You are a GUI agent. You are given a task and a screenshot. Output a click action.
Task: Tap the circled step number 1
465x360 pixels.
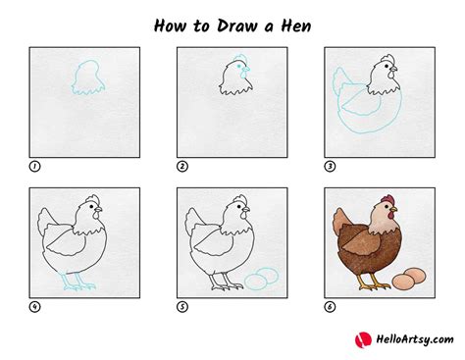tap(35, 167)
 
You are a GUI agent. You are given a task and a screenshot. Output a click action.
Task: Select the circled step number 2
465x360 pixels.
tap(182, 167)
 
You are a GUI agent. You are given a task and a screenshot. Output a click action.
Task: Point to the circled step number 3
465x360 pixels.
tap(330, 167)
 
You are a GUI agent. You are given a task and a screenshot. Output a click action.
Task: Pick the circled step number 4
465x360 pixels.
tap(35, 305)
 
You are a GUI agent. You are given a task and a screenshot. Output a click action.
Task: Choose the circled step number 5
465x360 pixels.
tap(182, 305)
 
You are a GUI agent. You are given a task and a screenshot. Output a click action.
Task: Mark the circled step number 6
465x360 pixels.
tap(330, 305)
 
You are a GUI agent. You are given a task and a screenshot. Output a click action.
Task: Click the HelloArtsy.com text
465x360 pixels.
tap(409, 339)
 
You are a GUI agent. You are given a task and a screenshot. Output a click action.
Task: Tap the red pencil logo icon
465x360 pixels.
tap(362, 338)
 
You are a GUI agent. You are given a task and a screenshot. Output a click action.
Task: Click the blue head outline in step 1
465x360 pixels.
tap(86, 77)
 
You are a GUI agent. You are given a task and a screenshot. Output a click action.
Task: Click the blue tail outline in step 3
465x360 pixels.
tap(340, 82)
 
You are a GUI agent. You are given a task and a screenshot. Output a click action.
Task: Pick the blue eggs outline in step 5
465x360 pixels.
tap(257, 282)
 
